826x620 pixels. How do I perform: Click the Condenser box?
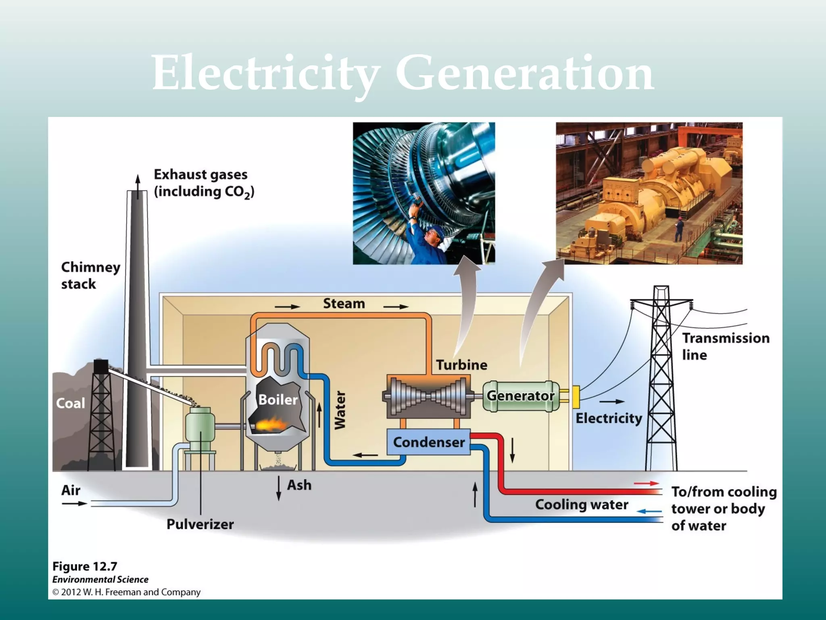428,442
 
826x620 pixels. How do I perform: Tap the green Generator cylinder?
520,396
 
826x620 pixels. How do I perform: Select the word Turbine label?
461,365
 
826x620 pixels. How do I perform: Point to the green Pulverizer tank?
200,428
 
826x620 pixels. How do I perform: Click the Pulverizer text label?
200,524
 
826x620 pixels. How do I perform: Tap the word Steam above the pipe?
344,304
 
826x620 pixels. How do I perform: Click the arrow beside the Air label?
75,503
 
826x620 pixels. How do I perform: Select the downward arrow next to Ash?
279,488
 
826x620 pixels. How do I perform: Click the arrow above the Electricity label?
611,402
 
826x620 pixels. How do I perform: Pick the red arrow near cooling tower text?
646,483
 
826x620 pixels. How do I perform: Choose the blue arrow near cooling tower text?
649,511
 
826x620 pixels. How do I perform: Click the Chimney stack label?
90,275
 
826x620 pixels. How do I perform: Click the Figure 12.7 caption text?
85,566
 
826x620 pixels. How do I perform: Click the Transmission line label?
726,346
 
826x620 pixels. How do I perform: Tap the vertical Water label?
340,410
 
